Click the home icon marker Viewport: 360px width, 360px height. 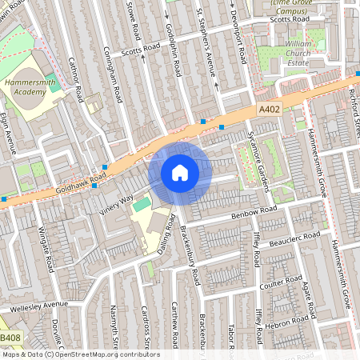[x=180, y=173]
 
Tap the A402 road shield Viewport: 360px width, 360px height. [x=268, y=108]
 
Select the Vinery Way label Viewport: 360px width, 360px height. [x=116, y=205]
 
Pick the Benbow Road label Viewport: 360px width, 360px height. [x=253, y=211]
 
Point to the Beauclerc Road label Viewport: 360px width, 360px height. [x=294, y=238]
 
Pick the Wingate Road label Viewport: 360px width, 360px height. [x=46, y=248]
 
